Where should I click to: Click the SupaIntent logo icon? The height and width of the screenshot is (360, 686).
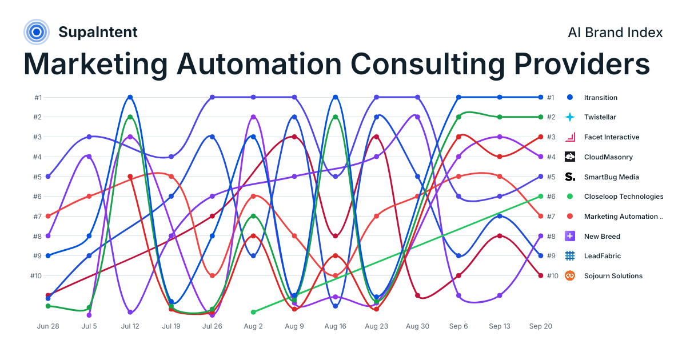(x=37, y=32)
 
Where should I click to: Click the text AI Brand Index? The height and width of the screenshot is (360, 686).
(x=615, y=33)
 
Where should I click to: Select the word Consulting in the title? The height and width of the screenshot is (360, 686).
(x=428, y=64)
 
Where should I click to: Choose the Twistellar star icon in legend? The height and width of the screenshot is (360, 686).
(x=570, y=117)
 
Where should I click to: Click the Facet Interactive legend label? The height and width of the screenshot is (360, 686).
(x=612, y=137)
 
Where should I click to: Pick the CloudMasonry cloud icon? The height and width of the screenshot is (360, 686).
(x=570, y=157)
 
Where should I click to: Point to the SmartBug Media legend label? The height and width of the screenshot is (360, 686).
(x=611, y=177)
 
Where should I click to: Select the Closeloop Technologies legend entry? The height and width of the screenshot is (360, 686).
(x=615, y=196)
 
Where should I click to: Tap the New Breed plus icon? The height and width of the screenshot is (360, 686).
(x=570, y=236)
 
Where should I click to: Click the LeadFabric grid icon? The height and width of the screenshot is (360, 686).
(x=570, y=255)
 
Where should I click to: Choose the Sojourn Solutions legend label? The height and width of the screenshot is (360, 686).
(x=613, y=276)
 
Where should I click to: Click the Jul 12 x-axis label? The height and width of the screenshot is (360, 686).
(x=130, y=326)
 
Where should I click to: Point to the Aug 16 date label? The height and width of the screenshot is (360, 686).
(x=336, y=326)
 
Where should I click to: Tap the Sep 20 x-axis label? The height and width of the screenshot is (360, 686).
(x=541, y=326)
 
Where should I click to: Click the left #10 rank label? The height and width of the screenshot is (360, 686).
(x=36, y=276)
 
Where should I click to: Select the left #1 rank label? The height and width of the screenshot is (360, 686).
(x=38, y=97)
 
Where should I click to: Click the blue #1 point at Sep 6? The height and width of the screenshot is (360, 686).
(x=458, y=97)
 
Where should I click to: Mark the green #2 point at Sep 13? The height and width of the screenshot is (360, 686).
(x=500, y=117)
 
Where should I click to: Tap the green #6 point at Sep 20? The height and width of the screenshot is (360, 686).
(x=541, y=196)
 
